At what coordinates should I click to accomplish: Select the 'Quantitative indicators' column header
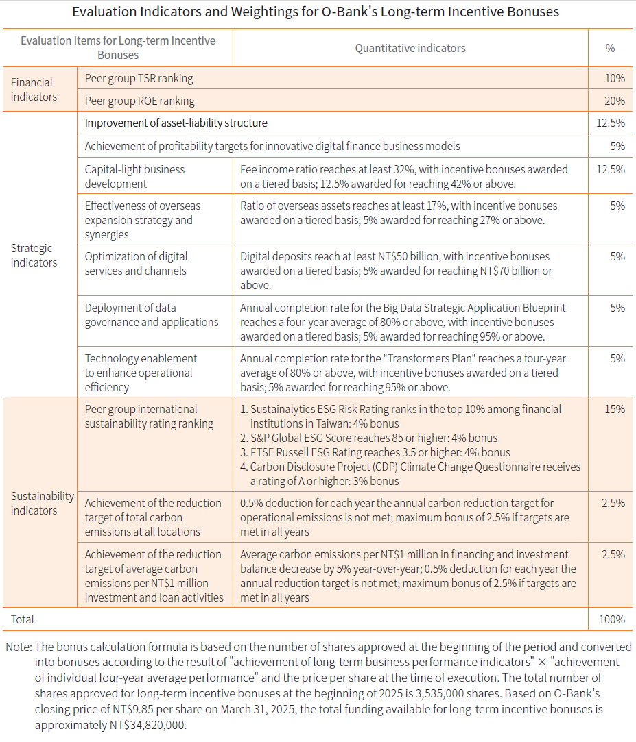point(410,48)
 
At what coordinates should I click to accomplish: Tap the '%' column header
point(610,48)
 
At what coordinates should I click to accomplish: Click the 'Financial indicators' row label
point(34,90)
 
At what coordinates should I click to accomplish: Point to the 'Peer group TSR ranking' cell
point(139,78)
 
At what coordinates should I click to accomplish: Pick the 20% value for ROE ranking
point(615,101)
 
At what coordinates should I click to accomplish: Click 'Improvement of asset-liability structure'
point(176,123)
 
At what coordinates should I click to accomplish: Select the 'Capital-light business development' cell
point(134,176)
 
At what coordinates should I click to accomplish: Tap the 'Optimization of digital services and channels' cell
point(136,263)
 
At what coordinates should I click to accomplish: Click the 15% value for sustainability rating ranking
point(615,409)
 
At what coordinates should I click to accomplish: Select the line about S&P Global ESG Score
point(368,438)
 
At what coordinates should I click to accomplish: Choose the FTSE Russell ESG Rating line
point(375,452)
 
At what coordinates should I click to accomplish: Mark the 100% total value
point(611,619)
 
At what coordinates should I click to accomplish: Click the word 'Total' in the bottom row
point(23,619)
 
